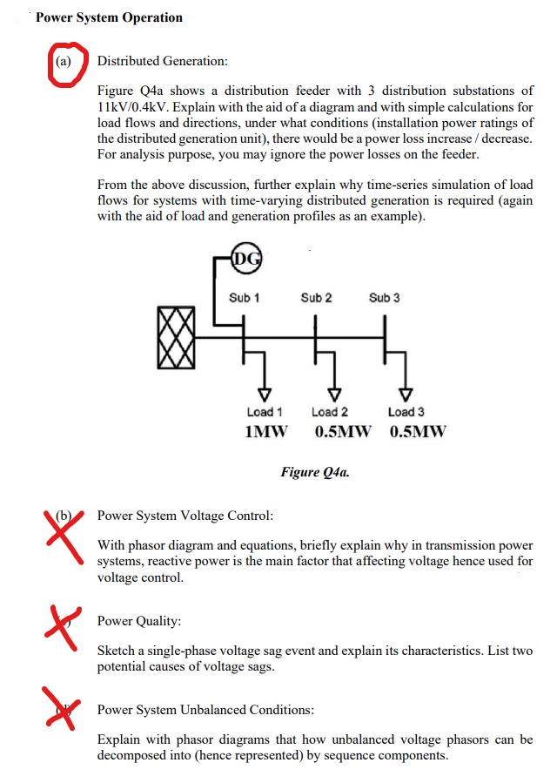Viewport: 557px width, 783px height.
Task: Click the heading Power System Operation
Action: coord(109,17)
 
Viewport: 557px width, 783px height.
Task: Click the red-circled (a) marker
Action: coord(64,63)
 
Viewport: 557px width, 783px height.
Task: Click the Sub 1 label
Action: coord(245,298)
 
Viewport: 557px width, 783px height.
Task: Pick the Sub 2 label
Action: coord(316,298)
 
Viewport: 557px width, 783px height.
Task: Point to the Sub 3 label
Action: coord(385,298)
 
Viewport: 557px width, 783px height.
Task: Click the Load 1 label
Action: coord(265,412)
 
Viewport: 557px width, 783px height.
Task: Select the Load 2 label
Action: coord(330,412)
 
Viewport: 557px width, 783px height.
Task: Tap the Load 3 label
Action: coord(406,412)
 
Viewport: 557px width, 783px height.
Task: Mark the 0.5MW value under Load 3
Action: coord(419,432)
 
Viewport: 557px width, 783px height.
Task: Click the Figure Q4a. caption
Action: coord(315,472)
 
